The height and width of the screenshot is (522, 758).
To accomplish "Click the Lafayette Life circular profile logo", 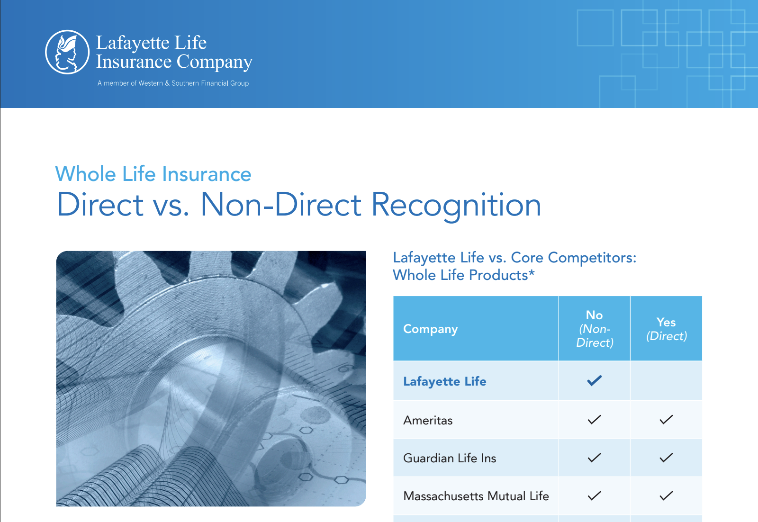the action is point(67,52).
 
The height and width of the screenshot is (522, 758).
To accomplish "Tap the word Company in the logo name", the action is point(215,62).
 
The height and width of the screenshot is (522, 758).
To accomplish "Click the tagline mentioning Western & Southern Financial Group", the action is point(173,83).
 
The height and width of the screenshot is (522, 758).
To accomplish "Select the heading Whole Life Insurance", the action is point(153,174).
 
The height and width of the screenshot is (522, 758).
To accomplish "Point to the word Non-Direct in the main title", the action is point(281,204).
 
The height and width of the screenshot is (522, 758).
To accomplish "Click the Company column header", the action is point(431,329).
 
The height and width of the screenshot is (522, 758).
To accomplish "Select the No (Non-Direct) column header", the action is point(595,328).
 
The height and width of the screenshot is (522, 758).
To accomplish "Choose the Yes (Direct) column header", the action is point(666,329).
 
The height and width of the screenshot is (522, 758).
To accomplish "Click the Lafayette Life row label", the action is point(445,381).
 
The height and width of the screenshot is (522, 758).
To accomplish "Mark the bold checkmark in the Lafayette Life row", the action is point(594,380).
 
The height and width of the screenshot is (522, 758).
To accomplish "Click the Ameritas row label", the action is point(428,420).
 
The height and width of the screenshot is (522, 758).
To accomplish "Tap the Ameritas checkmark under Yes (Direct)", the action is point(666,420).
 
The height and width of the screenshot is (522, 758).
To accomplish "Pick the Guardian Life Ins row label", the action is point(450,458).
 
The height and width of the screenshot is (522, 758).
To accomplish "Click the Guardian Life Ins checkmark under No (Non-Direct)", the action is point(594,458).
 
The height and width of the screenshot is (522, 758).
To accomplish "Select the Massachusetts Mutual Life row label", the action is point(476,496).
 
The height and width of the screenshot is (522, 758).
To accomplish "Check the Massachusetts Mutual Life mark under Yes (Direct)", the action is point(666,495).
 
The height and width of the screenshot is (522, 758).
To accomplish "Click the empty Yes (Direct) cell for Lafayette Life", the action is point(666,380).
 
